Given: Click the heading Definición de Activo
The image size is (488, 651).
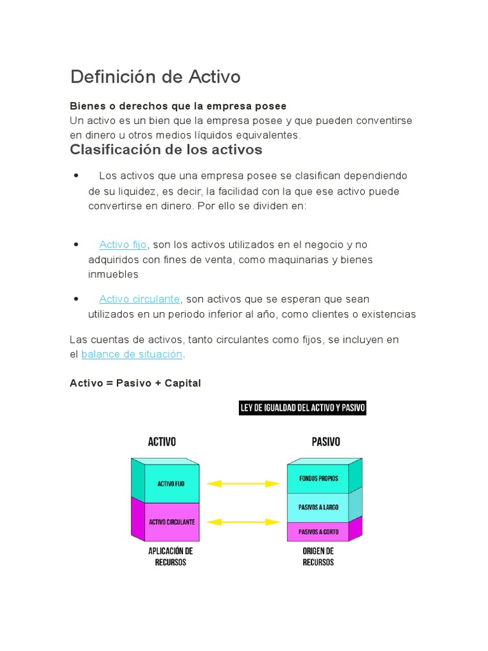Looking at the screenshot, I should [155, 77].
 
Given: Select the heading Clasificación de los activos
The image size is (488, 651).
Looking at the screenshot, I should [165, 150].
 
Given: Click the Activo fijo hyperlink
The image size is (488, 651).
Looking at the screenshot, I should [123, 245].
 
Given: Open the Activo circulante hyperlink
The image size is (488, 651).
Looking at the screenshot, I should [140, 299].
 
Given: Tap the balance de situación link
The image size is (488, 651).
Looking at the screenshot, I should [132, 354].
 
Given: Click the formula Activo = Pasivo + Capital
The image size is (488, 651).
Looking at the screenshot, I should [135, 383].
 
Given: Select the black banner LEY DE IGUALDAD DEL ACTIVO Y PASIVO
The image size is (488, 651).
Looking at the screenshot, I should [302, 408].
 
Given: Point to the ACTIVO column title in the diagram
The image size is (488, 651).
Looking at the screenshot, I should [162, 442].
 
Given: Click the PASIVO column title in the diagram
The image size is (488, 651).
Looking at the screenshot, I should [325, 442].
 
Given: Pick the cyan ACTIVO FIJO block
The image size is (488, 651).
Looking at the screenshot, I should [171, 484].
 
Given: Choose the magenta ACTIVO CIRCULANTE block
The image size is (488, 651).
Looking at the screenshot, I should [172, 522].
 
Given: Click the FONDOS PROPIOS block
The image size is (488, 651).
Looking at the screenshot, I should [318, 479].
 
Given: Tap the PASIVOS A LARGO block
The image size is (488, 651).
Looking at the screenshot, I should [318, 507].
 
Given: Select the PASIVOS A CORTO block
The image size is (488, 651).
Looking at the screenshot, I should [318, 531].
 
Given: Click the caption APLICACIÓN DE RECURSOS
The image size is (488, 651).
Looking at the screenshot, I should [170, 557].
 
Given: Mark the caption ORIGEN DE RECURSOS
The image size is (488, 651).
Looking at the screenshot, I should [318, 557].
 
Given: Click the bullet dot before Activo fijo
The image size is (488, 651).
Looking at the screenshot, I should [76, 244].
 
